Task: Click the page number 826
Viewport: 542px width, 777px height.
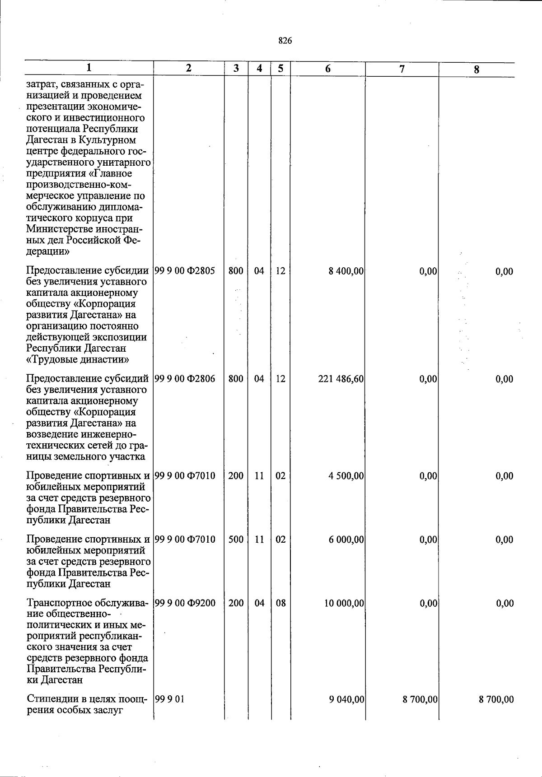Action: click(x=285, y=41)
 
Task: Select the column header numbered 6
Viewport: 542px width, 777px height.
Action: click(x=328, y=69)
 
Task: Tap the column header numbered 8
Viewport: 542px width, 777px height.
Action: click(x=477, y=70)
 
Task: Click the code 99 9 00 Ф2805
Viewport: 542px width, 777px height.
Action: click(x=185, y=271)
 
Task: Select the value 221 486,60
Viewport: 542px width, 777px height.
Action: click(x=341, y=379)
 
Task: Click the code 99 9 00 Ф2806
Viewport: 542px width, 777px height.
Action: click(x=185, y=379)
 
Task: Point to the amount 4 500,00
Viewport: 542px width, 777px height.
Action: click(x=346, y=475)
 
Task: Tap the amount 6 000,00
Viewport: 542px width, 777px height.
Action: click(x=346, y=540)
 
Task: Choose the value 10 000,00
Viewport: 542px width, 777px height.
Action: click(x=344, y=603)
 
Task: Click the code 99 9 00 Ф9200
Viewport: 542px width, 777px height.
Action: click(x=185, y=603)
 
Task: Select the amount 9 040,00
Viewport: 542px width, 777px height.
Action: click(x=346, y=700)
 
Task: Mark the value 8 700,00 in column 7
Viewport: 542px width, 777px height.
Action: click(x=420, y=700)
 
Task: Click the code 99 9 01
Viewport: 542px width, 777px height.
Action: click(x=169, y=700)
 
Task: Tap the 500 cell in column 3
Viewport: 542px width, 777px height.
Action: click(x=236, y=540)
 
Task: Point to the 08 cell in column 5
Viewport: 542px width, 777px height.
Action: click(x=280, y=603)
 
